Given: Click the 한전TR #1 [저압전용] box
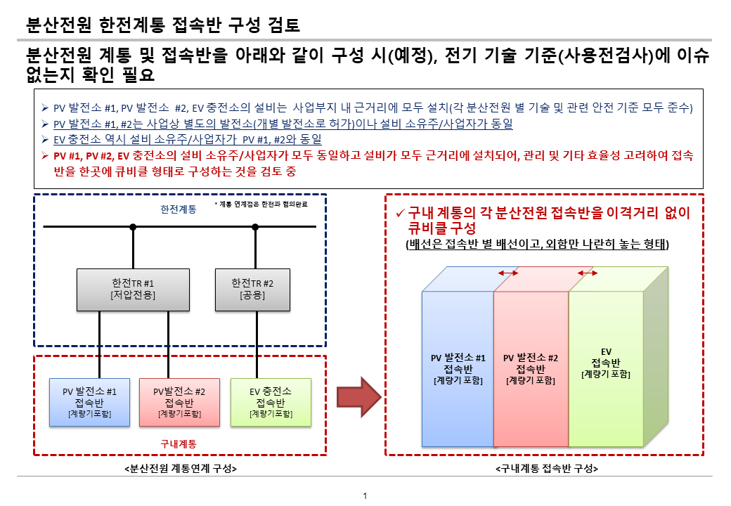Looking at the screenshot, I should click(133, 288).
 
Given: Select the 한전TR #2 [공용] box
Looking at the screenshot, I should click(252, 288).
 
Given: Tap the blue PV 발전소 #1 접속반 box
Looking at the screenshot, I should click(90, 402).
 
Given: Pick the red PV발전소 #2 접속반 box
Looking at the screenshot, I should click(179, 403).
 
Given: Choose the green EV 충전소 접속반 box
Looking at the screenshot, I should click(271, 402).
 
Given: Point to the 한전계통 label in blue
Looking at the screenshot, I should click(178, 209).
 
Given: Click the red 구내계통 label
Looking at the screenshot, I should click(179, 443).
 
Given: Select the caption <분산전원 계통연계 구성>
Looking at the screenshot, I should click(179, 468).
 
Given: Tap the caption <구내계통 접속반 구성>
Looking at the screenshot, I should click(546, 468).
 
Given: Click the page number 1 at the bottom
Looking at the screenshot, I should click(365, 497).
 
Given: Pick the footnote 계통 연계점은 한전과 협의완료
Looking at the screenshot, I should click(261, 205).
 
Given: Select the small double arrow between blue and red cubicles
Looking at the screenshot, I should click(507, 273).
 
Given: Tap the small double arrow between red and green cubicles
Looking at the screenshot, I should click(587, 273).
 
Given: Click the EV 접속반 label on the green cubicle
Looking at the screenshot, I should click(605, 362).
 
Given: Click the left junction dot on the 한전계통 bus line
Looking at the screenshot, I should click(133, 226).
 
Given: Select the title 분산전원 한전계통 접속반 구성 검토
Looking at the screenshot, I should click(162, 26).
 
